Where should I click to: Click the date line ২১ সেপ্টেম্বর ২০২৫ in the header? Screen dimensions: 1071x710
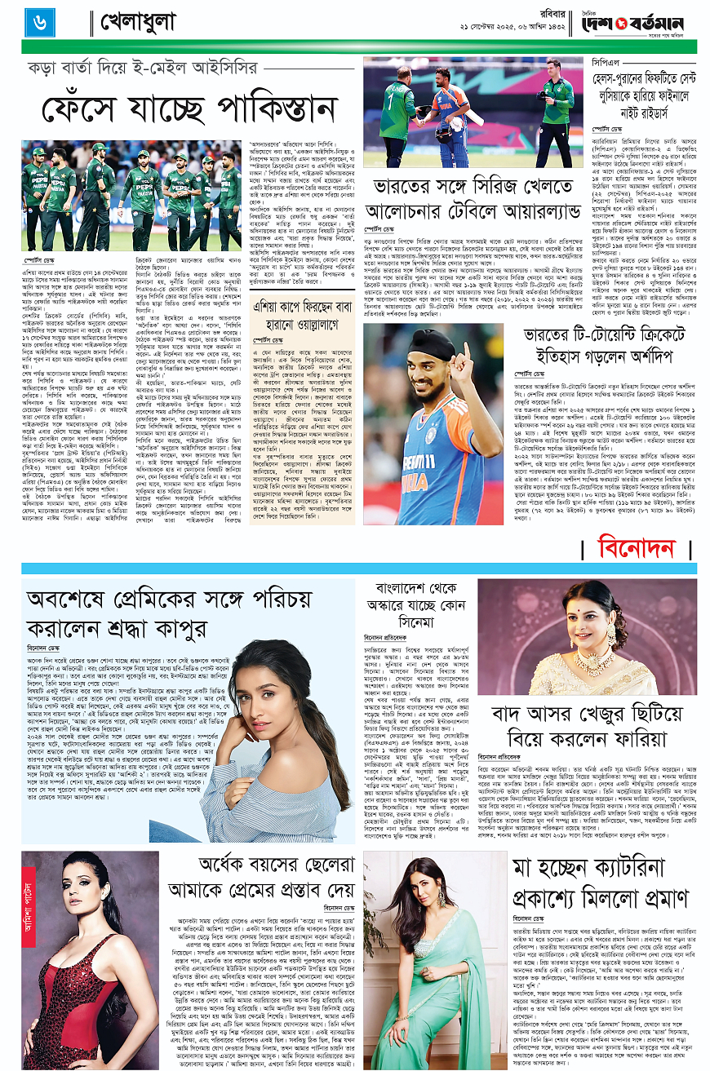tap(499, 31)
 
